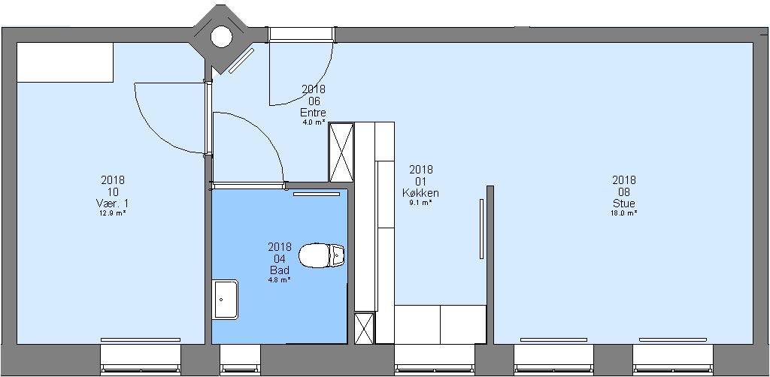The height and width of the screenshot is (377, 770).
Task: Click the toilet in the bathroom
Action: tap(322, 255)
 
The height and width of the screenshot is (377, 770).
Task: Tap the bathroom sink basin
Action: tap(225, 299)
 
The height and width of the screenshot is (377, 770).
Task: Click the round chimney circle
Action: tap(221, 37)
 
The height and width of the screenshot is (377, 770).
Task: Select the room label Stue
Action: tap(624, 203)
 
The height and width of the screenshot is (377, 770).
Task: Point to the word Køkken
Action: tap(421, 193)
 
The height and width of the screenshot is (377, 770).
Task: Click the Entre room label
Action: tap(314, 112)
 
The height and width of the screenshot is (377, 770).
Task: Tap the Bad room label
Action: tap(280, 270)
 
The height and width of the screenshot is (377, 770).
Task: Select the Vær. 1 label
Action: tap(113, 203)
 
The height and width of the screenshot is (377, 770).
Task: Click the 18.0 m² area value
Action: tap(624, 213)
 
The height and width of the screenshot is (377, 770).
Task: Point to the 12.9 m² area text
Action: tap(113, 213)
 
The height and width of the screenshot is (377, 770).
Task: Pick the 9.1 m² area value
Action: tap(421, 202)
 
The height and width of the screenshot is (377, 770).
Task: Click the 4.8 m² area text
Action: tap(280, 279)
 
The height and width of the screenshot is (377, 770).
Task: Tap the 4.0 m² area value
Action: tap(314, 122)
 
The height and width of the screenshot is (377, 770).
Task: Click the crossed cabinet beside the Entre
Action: tap(341, 152)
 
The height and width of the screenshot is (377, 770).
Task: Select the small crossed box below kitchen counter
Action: tap(364, 328)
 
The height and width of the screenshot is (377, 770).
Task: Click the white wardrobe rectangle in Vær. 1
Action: tap(65, 62)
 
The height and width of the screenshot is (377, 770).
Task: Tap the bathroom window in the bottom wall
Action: tap(240, 359)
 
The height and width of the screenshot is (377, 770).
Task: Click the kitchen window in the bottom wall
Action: tap(435, 359)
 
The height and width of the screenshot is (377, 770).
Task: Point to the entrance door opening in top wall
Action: tap(302, 35)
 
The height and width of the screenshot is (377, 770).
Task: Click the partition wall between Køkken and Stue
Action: tap(490, 265)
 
